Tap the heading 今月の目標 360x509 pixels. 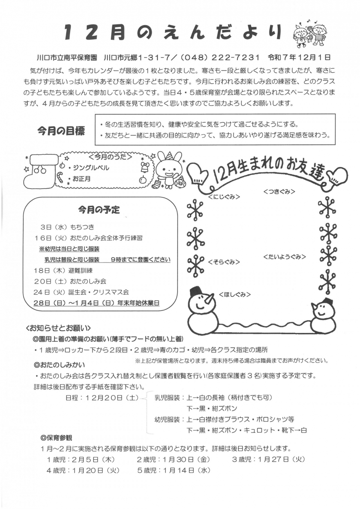[61, 131]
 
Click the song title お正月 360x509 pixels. [82, 179]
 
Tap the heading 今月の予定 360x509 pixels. [99, 210]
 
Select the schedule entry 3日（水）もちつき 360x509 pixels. [67, 227]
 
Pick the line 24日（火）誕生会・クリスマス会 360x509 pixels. [81, 292]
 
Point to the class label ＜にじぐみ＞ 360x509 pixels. [224, 197]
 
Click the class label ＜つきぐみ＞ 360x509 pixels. [279, 192]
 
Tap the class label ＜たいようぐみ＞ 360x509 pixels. [285, 257]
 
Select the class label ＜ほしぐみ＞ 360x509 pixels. [235, 294]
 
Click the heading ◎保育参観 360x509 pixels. [56, 438]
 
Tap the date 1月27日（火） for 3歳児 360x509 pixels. [282, 459]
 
